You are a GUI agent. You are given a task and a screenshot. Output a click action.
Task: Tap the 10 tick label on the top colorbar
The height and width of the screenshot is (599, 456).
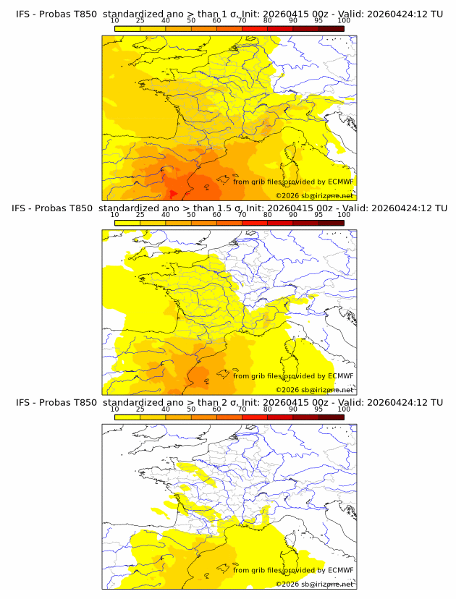tap(115, 20)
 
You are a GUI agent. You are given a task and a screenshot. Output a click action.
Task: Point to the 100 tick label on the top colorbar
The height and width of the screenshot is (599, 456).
tap(344, 20)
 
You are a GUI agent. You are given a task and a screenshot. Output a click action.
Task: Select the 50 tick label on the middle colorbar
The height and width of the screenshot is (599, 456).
tap(191, 215)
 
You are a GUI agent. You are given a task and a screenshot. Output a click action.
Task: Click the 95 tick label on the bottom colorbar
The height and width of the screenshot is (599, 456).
tap(318, 409)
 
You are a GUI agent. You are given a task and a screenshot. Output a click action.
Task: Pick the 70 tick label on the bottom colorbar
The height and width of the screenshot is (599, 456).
tap(242, 409)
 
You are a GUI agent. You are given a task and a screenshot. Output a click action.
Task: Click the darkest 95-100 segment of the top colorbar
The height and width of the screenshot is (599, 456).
tap(331, 28)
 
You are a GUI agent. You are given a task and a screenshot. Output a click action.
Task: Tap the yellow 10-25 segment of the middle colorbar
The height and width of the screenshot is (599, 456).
tap(127, 223)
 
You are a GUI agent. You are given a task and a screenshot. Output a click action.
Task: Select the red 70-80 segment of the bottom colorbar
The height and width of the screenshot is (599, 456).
tap(255, 417)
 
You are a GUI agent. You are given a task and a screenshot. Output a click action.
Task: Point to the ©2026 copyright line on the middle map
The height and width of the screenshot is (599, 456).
tap(314, 389)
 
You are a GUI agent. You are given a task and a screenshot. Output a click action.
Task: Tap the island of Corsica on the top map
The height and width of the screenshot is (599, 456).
tap(293, 153)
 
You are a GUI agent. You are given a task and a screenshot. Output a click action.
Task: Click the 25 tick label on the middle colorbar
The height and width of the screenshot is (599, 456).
tap(140, 215)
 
